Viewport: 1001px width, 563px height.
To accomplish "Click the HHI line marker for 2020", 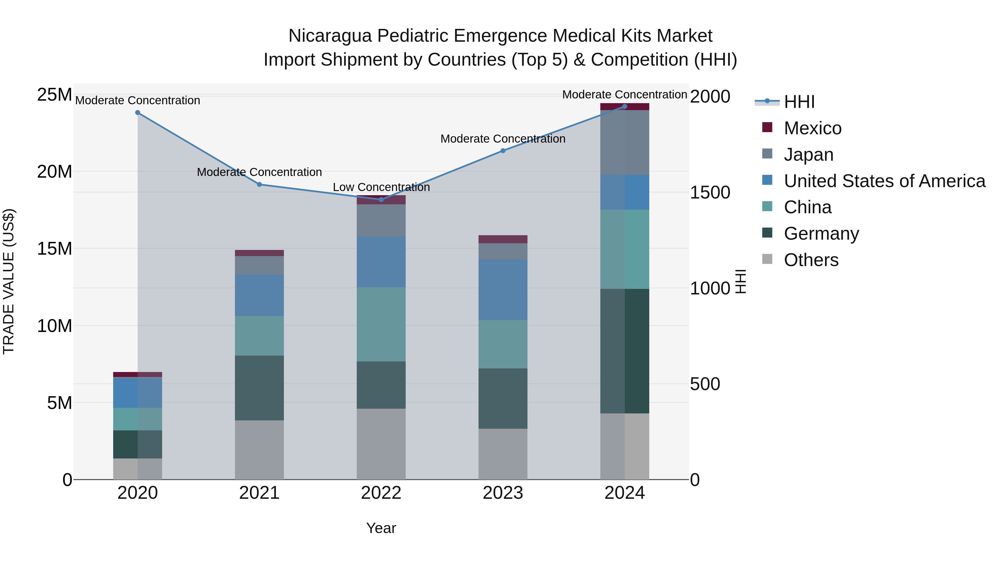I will [138, 113].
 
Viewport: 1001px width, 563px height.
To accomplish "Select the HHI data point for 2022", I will [381, 199].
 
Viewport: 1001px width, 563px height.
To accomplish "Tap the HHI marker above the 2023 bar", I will [503, 150].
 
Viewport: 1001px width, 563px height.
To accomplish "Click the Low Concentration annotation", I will [381, 187].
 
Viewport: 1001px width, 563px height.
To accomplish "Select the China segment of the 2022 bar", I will [381, 324].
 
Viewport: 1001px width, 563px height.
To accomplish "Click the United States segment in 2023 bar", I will [503, 290].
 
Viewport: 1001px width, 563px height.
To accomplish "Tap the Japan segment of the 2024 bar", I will [625, 143].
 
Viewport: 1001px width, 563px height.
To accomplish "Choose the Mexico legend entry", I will [812, 128].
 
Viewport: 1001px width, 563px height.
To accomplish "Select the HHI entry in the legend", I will [799, 102].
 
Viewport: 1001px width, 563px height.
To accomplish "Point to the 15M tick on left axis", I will [54, 249].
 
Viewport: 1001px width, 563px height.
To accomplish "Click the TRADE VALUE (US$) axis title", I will [9, 281].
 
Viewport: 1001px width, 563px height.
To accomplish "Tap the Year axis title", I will [381, 528].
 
